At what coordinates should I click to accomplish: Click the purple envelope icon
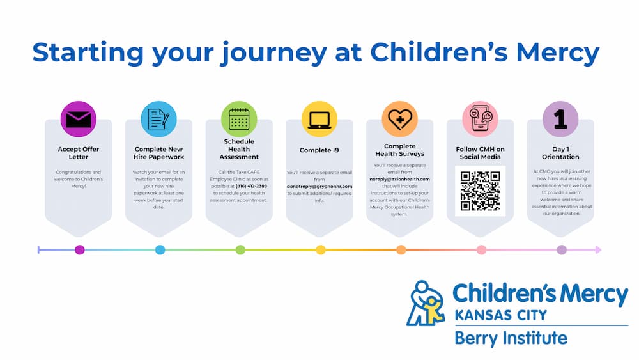tap(78, 119)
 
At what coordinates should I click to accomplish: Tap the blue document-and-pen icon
tap(158, 119)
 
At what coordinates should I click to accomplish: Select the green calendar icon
tap(239, 119)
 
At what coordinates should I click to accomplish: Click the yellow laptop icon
tap(319, 119)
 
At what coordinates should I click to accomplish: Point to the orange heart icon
tap(399, 119)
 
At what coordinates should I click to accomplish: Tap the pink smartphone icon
tap(480, 119)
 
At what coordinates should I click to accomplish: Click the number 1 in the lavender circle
tap(560, 120)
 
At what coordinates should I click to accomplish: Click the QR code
tap(480, 191)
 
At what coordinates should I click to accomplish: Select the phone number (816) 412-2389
tap(251, 186)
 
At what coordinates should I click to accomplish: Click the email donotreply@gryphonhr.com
tap(319, 186)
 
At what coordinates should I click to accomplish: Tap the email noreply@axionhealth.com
tap(399, 179)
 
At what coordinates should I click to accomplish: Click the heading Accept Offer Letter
tap(78, 153)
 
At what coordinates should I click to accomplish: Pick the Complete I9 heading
tap(319, 150)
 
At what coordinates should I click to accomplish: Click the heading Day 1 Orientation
tap(560, 153)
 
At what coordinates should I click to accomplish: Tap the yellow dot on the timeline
tap(321, 250)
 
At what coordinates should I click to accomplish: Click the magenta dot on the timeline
tap(80, 250)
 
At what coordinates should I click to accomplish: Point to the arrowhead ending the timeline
tap(598, 250)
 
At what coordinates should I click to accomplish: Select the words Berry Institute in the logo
tap(511, 338)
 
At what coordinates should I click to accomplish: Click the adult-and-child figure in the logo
tap(425, 304)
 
